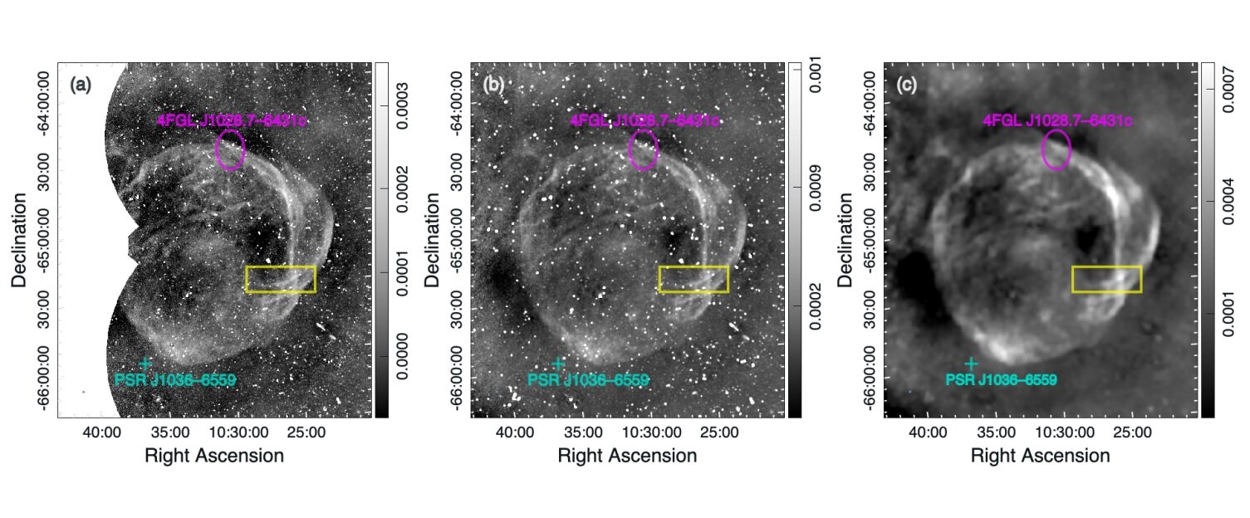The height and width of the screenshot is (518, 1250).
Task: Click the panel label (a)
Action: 81,84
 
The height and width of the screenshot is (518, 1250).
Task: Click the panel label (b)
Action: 493,84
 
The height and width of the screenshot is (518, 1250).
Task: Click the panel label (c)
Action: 906,84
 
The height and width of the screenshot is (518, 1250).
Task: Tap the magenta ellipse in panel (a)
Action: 230,149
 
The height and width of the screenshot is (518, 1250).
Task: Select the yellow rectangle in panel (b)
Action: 694,279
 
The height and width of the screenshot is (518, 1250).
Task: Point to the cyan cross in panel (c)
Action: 971,364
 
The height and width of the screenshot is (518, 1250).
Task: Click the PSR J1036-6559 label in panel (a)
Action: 174,381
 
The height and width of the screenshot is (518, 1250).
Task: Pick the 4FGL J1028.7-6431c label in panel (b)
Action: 645,121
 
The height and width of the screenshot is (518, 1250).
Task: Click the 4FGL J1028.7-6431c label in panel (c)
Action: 1057,121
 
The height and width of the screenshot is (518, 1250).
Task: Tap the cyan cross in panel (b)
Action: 558,364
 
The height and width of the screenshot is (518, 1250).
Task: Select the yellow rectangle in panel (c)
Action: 1106,279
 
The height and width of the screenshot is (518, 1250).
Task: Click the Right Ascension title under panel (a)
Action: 214,456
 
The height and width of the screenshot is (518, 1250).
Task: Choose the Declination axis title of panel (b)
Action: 434,240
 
